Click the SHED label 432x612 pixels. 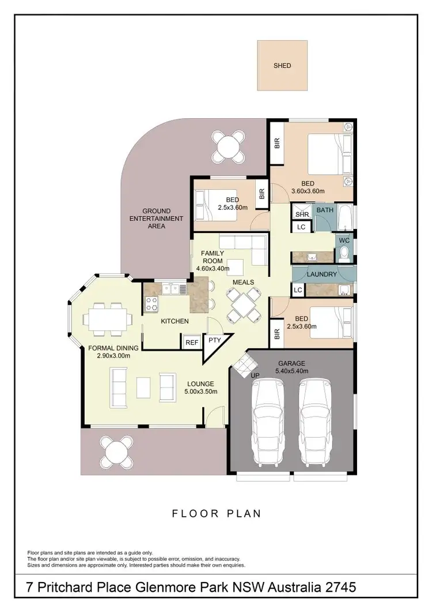[282, 66]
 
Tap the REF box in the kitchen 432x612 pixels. [192, 342]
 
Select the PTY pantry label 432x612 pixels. [215, 340]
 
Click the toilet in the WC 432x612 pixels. [344, 253]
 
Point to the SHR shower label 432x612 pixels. [302, 214]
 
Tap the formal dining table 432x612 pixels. [108, 317]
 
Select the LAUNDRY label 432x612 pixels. [322, 275]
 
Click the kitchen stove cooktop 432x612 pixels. [151, 303]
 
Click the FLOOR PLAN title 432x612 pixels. [215, 513]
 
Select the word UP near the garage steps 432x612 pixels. [255, 376]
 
